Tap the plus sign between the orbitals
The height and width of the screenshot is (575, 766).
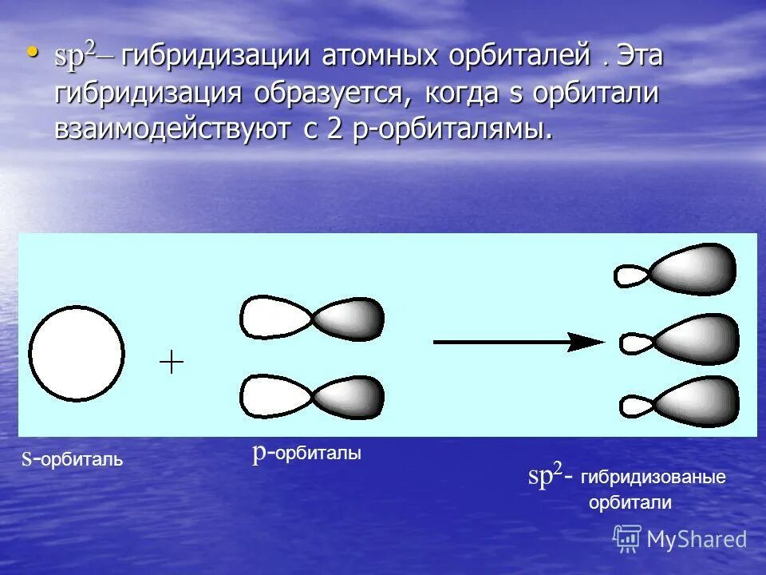click(172, 363)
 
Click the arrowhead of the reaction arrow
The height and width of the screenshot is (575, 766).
click(589, 342)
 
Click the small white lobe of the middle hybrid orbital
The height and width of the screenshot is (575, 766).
click(635, 343)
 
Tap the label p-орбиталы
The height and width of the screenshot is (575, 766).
click(307, 454)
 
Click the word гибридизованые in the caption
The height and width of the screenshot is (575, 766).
click(653, 478)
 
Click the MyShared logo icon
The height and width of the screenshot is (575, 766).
click(627, 539)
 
